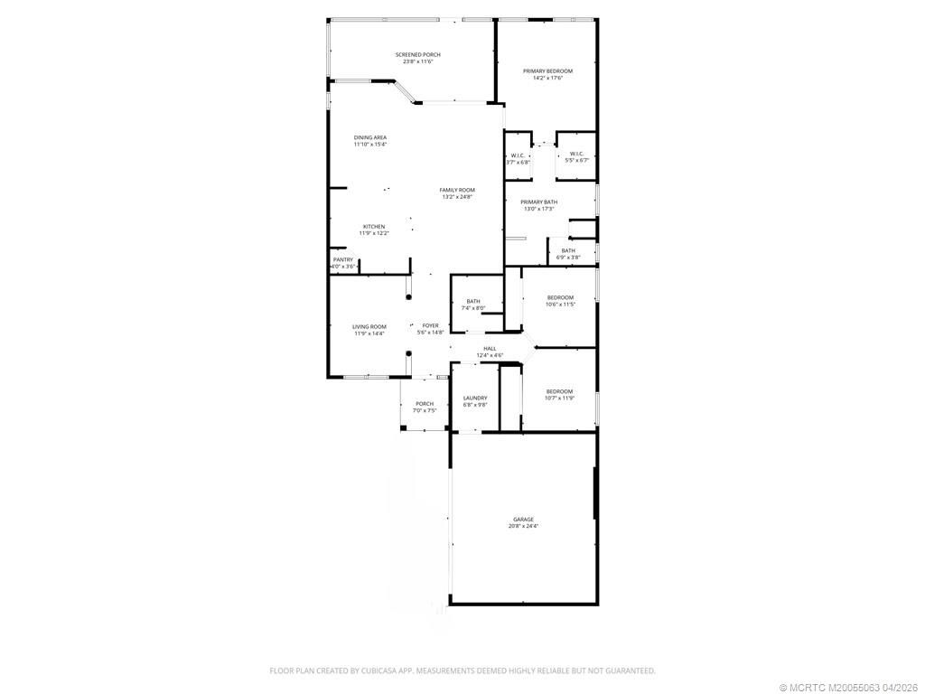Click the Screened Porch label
[416, 55]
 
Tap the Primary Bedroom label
[547, 70]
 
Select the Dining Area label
[369, 137]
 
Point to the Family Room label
[457, 190]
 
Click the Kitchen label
[374, 227]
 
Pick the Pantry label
[343, 259]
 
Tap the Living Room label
[369, 326]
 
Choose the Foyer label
[430, 325]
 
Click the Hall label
[490, 348]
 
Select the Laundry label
[475, 398]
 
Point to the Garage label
[523, 519]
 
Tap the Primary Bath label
[538, 202]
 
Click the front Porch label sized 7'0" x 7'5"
[425, 404]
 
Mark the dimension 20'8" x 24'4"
[523, 526]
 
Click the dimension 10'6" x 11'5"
[560, 305]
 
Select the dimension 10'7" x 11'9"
[560, 399]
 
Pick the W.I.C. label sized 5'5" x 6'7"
[577, 154]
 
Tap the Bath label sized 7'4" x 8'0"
[473, 301]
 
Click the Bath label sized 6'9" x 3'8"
[568, 250]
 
